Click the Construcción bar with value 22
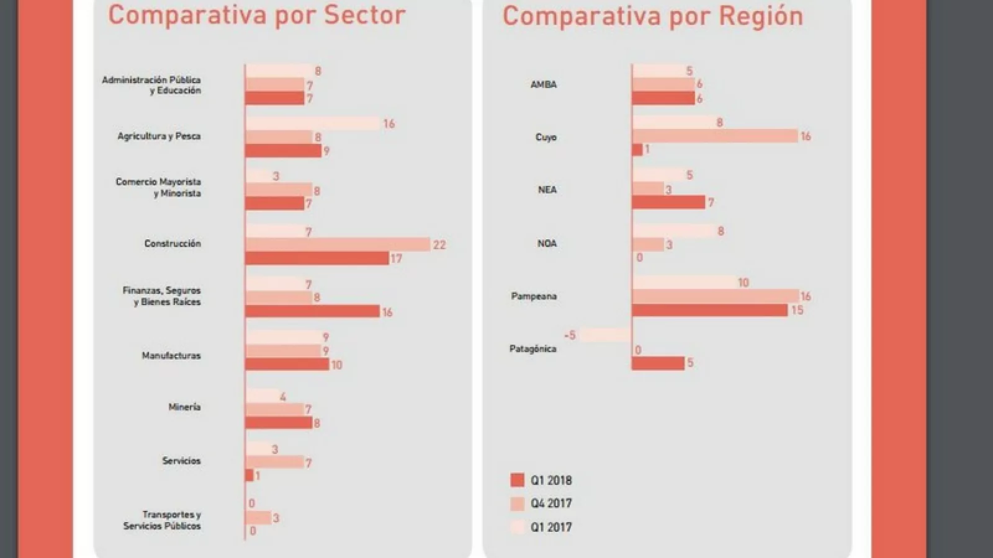338,245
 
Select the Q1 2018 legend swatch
518,480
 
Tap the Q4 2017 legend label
551,503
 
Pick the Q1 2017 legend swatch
518,527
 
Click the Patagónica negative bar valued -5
606,335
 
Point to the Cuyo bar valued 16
715,136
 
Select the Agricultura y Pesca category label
159,136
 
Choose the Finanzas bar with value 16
312,311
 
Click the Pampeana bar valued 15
710,309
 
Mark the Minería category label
184,407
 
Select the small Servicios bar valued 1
249,476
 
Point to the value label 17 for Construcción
396,259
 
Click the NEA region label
547,190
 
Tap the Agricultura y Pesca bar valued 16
313,123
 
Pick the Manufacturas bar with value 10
287,364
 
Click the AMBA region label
544,84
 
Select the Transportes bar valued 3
259,518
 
